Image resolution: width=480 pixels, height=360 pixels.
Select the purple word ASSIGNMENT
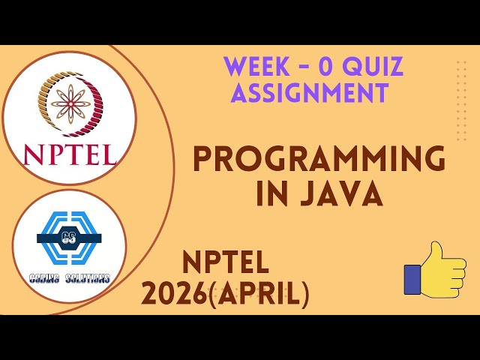click(x=310, y=93)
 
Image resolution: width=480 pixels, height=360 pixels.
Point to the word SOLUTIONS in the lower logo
click(x=88, y=278)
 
